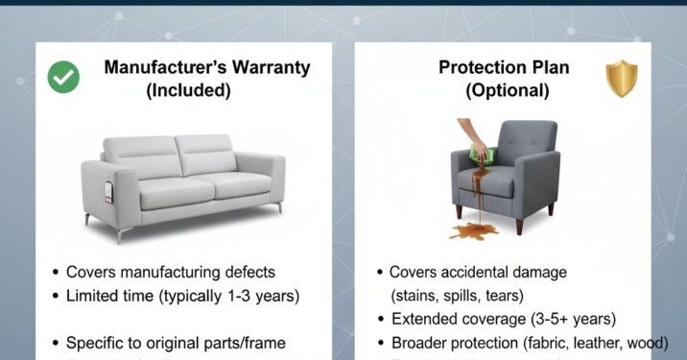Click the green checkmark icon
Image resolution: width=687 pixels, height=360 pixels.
63,77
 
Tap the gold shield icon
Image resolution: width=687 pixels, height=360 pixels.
622,78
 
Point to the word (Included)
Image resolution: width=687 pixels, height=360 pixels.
189,92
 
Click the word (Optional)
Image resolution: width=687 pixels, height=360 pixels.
507,92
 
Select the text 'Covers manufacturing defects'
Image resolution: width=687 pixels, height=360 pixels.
171,273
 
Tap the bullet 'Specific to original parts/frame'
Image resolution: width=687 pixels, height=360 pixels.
176,343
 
